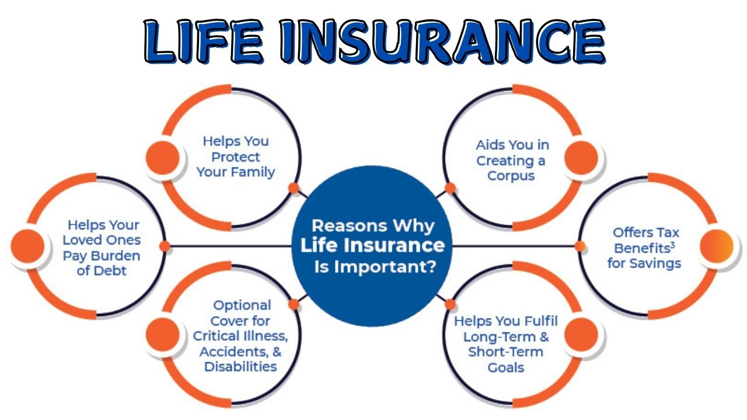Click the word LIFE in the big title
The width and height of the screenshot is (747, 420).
coord(204,41)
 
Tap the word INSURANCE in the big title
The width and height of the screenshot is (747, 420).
coord(443,41)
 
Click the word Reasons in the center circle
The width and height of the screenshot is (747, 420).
coord(348,226)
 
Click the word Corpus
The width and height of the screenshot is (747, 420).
coord(511,176)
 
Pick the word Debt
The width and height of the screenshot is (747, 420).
coord(110,271)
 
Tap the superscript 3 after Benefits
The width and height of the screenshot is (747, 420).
coord(673,245)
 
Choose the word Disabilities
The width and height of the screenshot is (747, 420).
coord(240,367)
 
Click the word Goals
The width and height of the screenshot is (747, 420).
coord(505,367)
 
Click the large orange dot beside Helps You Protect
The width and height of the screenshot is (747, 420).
coord(163,157)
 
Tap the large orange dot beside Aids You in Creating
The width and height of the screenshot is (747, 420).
coord(581,157)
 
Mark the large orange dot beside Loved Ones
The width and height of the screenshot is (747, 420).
coord(27,246)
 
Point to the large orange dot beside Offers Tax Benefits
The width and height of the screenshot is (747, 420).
coord(716,246)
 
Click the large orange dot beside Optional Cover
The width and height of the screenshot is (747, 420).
coord(163,334)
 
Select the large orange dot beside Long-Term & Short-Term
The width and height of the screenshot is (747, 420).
coord(581,334)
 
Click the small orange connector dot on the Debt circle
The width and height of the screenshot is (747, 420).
coord(165,246)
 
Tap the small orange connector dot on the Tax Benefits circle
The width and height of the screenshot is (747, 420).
coord(580,246)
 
